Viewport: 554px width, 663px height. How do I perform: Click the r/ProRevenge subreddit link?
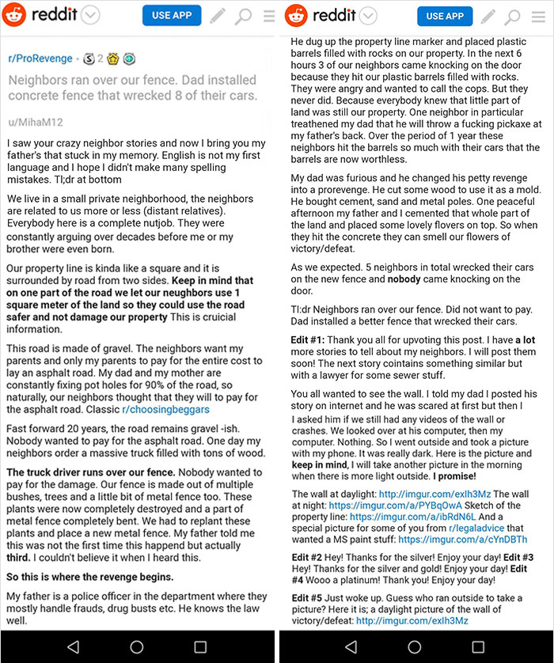tap(40, 59)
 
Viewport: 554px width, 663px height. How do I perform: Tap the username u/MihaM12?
tap(36, 123)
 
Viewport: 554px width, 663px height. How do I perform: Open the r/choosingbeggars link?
tap(165, 409)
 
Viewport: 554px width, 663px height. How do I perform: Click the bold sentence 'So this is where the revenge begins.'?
tap(90, 578)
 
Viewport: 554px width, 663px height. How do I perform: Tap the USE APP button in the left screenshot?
tap(172, 16)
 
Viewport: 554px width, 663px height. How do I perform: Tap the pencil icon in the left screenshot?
tap(217, 16)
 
